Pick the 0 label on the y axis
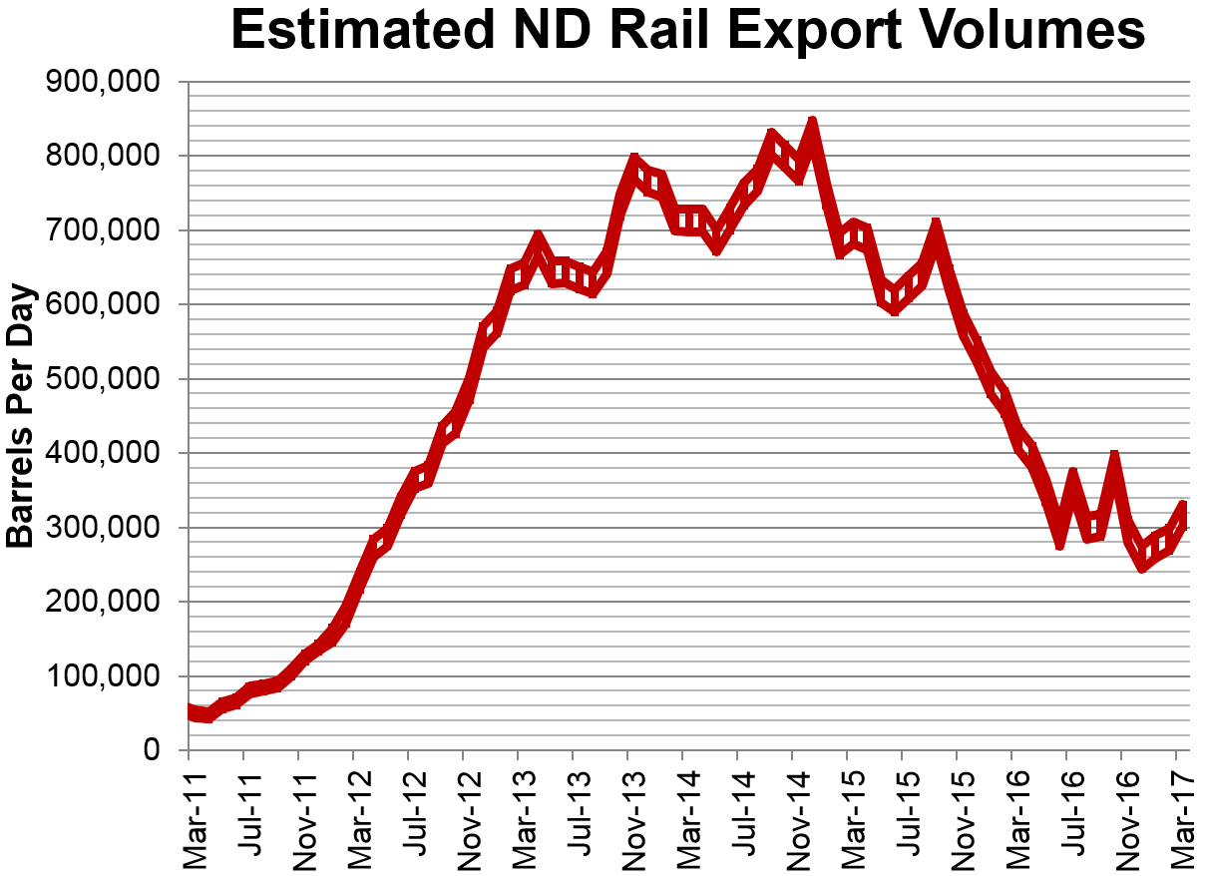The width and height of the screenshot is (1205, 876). [x=153, y=751]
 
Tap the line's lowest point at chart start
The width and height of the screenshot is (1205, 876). [x=207, y=715]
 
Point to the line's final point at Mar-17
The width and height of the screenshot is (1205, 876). [x=1183, y=508]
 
